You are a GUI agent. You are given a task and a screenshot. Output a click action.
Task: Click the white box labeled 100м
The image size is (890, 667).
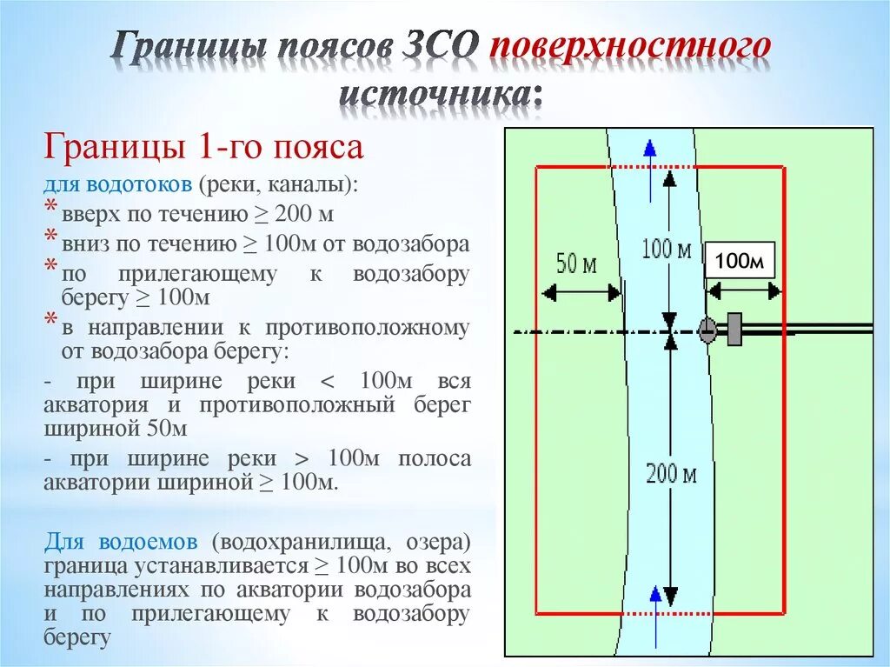point(739,261)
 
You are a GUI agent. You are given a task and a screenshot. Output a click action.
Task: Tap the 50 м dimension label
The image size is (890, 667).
point(575,263)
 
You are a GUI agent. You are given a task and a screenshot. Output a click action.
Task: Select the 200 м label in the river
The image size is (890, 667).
point(672,474)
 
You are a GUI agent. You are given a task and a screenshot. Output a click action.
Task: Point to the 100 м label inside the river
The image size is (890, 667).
point(667,250)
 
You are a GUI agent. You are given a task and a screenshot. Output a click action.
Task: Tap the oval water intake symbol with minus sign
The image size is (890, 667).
point(707,330)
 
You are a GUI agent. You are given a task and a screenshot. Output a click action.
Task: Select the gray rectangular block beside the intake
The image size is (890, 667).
point(735,330)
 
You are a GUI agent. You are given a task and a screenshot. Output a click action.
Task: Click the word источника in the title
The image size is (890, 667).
point(440,94)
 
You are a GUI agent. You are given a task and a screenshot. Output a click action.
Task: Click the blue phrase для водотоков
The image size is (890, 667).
point(118,185)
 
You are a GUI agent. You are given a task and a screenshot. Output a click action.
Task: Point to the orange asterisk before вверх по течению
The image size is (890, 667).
point(51,209)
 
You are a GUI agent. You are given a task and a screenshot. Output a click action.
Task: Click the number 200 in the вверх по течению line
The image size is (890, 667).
point(297,214)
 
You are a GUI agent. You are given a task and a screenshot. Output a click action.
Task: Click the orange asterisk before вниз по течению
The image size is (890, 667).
point(51,237)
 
